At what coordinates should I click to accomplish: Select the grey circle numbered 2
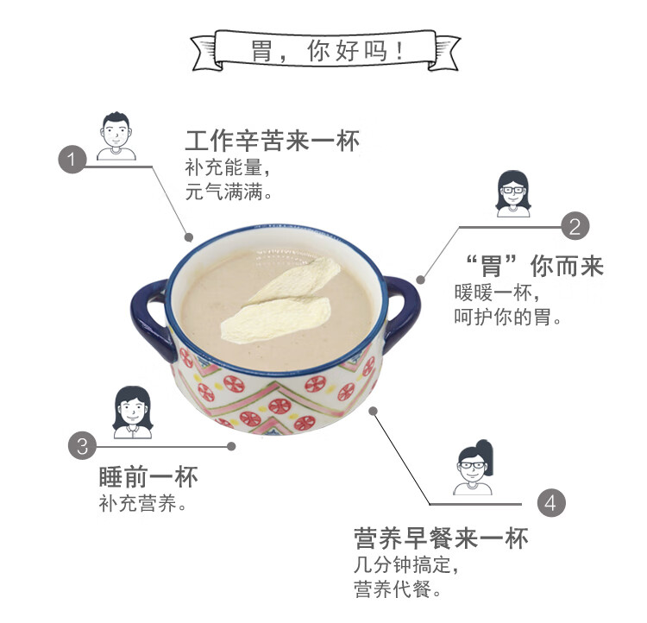575,227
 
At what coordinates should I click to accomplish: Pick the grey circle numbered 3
83,446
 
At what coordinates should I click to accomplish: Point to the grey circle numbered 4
552,503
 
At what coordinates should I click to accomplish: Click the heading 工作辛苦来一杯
272,141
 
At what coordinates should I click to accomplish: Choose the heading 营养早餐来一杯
440,539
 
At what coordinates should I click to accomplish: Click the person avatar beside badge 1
116,136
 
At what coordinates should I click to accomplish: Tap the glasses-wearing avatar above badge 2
513,193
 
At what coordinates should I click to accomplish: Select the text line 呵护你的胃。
508,318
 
